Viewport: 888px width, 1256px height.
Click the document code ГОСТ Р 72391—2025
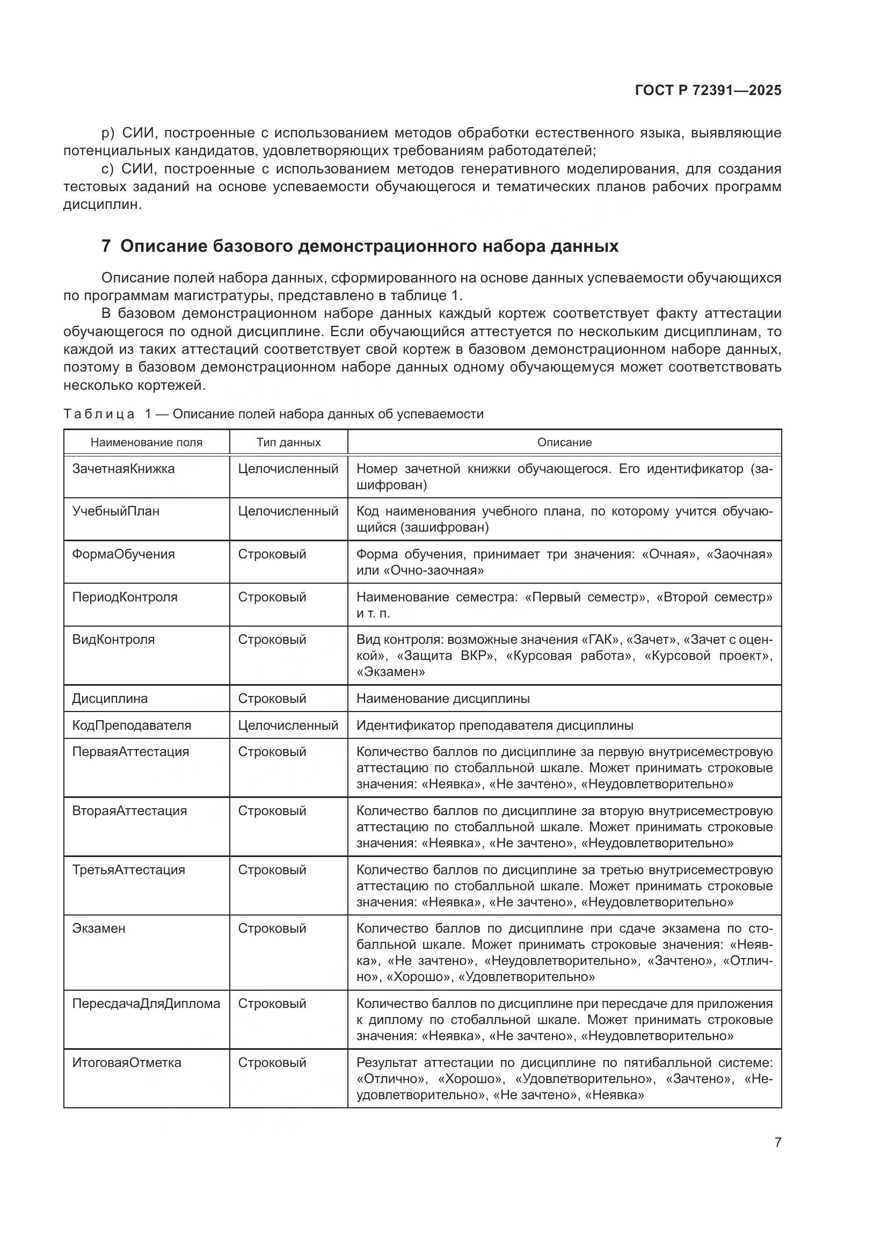708,90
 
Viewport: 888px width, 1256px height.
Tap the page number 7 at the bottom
777,1142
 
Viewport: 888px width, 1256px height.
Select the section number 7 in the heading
106,246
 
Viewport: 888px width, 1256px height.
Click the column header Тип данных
288,442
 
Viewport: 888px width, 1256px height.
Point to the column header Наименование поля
147,442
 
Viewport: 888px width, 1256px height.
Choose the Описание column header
564,442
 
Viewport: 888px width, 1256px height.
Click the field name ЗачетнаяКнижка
123,469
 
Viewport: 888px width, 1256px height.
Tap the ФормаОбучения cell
123,554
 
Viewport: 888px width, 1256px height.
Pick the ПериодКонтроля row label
125,597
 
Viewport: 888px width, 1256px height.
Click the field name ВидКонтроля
113,640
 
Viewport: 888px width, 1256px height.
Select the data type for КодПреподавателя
288,725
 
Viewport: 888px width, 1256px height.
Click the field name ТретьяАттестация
128,870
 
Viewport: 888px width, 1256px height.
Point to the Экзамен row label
98,928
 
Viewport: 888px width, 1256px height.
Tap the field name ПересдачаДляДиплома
146,1003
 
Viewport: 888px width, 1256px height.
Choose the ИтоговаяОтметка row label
127,1062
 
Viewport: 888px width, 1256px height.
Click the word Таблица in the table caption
98,414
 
